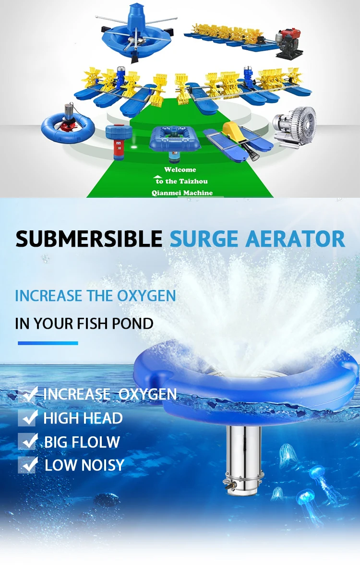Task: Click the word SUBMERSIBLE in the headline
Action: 89,239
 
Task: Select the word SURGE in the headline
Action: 204,239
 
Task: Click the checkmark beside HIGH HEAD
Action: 28,418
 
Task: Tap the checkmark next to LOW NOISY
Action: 28,465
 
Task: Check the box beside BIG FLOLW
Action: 28,441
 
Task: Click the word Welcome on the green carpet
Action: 180,169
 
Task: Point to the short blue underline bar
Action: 48,343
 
